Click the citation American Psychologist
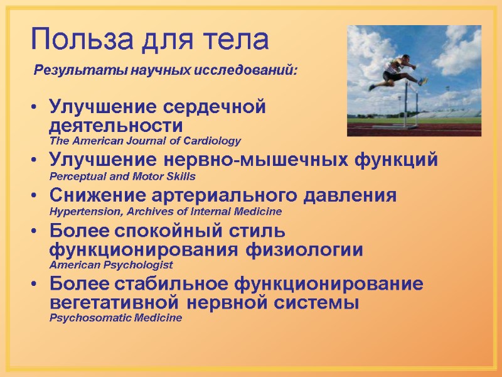[x=110, y=265]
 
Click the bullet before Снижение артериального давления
[x=33, y=196]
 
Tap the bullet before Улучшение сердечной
[x=33, y=107]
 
